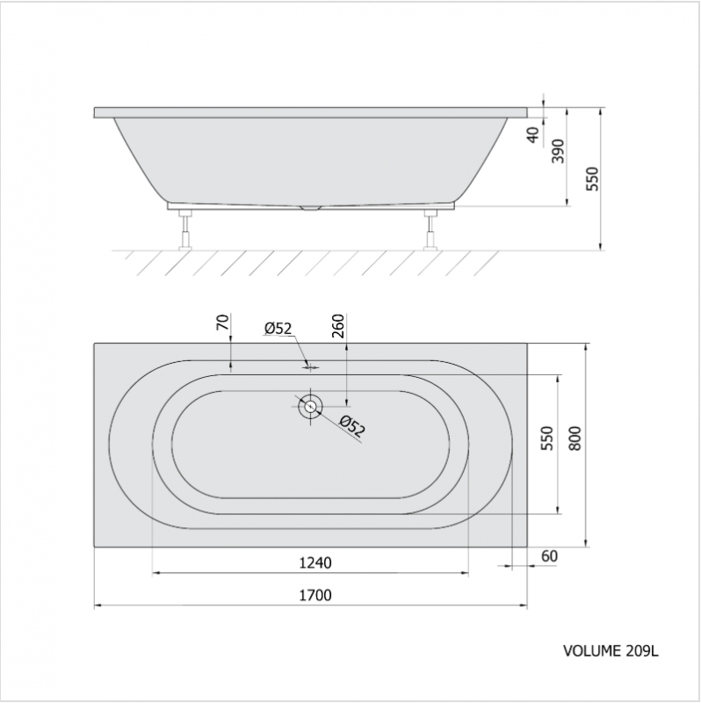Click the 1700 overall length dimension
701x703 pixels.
[x=315, y=596]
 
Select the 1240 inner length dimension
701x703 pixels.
[x=315, y=562]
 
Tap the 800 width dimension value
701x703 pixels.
[x=575, y=438]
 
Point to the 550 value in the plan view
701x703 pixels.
[x=547, y=438]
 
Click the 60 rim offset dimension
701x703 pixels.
[x=550, y=556]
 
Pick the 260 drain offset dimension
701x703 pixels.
[x=339, y=326]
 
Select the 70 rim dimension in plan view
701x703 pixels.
[x=223, y=323]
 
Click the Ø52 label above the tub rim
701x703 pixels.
[x=278, y=329]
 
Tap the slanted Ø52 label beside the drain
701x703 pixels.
[x=352, y=426]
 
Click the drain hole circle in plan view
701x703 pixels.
[x=310, y=407]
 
